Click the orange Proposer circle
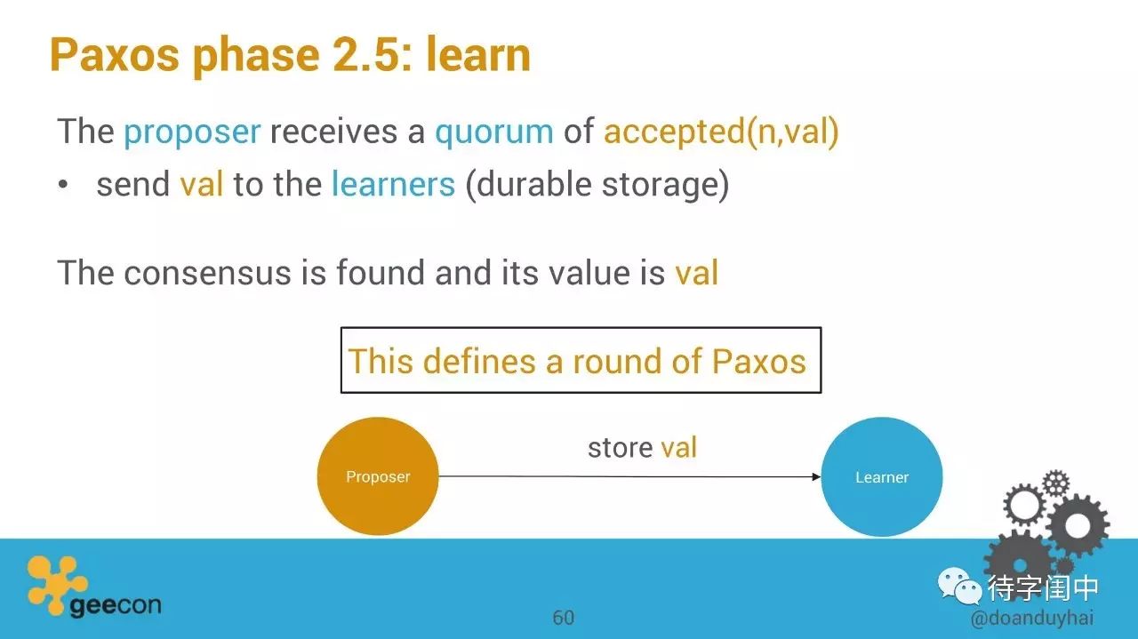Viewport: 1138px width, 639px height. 378,476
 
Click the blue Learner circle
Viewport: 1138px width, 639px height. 881,476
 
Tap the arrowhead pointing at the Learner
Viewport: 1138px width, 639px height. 816,476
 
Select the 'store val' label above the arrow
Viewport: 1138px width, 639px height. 642,448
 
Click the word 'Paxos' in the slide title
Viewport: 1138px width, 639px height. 115,55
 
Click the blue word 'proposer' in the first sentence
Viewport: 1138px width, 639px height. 193,133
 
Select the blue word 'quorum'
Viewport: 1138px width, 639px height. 494,133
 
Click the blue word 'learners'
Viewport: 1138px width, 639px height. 393,184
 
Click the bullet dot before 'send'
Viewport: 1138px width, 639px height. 62,184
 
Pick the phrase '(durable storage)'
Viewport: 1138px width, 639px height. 597,185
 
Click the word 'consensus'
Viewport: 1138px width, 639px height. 207,273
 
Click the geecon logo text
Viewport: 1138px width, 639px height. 116,605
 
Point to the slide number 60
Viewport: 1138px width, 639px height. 564,618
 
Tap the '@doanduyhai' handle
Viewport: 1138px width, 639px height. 1032,619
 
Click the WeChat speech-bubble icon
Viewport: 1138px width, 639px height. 958,587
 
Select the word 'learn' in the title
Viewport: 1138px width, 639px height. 478,55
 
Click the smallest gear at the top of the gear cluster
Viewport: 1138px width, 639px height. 1056,483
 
